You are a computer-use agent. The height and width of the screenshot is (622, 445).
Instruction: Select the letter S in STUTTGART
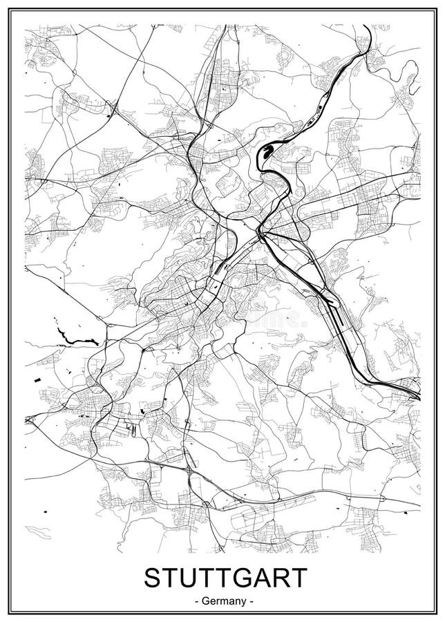pyautogui.click(x=152, y=576)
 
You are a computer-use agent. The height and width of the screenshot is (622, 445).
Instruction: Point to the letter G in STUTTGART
pyautogui.click(x=238, y=576)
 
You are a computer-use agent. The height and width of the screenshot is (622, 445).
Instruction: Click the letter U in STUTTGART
pyautogui.click(x=185, y=576)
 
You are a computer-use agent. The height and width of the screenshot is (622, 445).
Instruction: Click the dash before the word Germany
pyautogui.click(x=198, y=601)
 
